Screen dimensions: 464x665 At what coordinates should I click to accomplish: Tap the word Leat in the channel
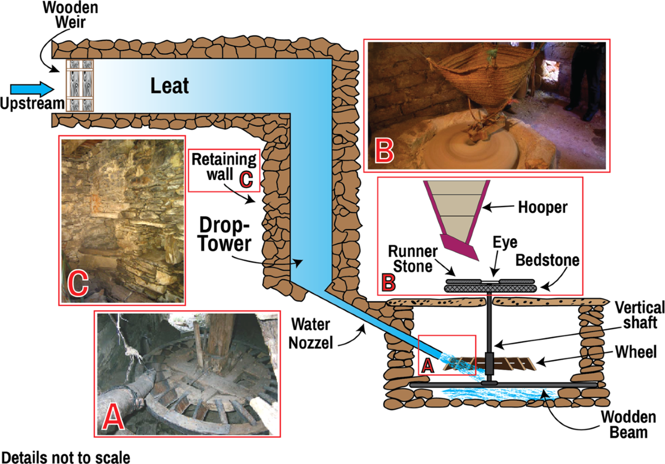point(170,85)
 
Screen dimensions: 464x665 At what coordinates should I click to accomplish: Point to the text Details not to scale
point(65,457)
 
